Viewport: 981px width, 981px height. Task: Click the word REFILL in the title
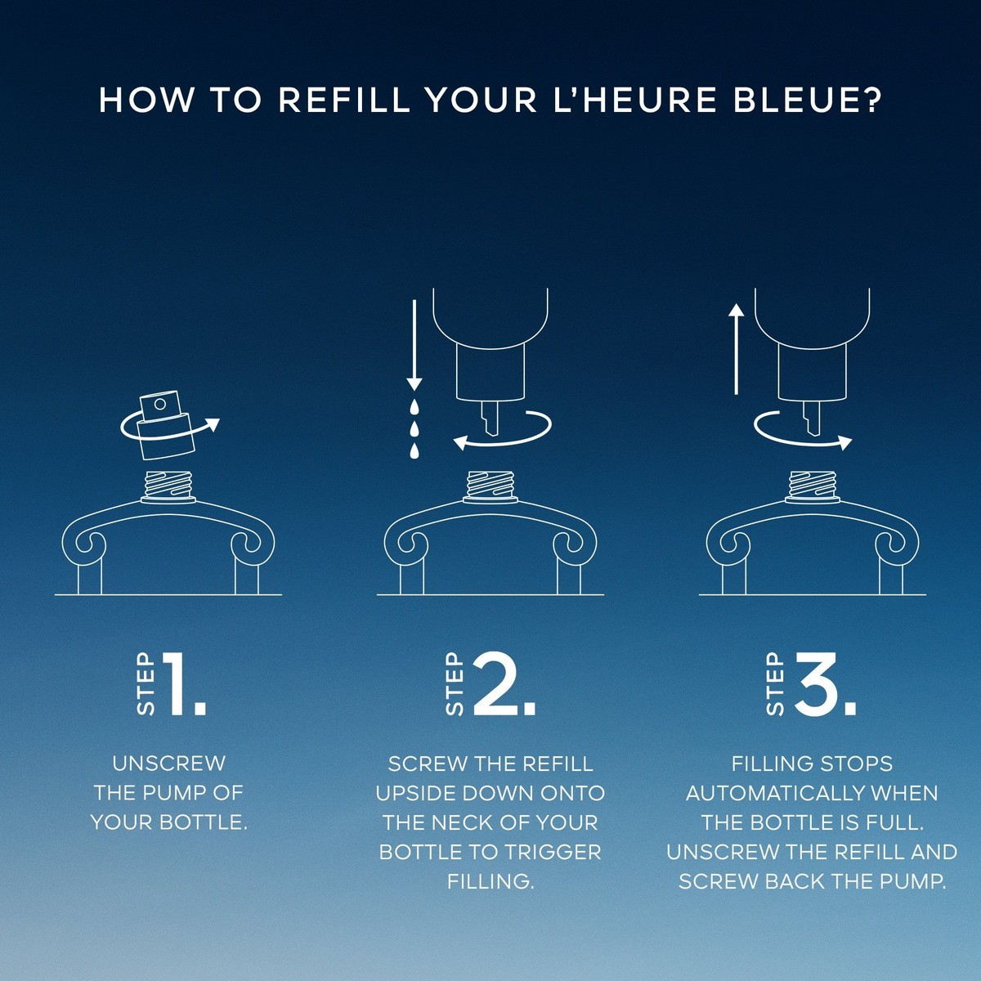(344, 101)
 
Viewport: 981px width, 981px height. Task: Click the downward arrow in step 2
(414, 346)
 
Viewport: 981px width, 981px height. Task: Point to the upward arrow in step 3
(736, 349)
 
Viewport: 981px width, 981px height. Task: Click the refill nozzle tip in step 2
(490, 418)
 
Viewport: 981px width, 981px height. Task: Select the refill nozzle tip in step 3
(812, 418)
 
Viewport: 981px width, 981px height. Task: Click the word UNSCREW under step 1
(168, 764)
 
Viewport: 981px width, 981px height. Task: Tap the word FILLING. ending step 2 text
(490, 882)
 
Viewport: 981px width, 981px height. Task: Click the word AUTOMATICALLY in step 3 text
(775, 793)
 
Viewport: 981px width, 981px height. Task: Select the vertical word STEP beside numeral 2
(454, 683)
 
